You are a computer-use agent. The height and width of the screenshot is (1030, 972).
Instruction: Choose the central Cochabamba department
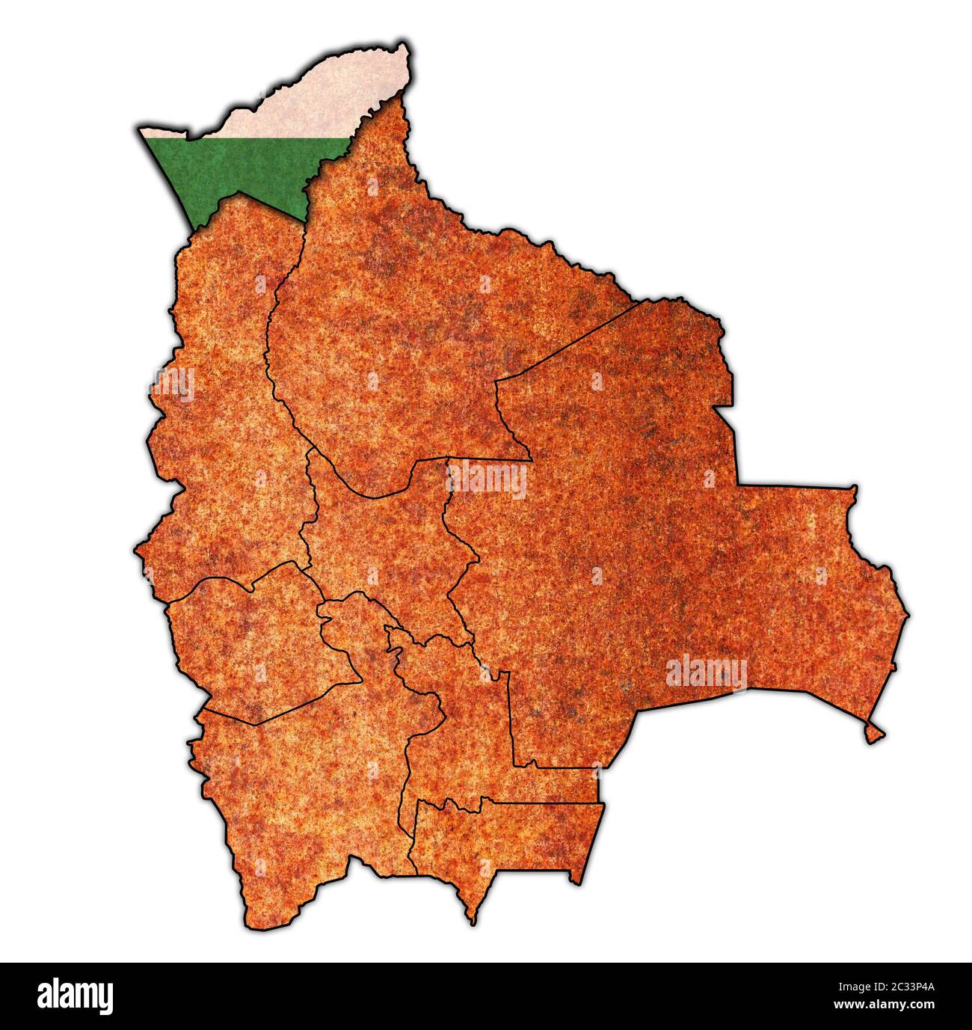[x=381, y=546]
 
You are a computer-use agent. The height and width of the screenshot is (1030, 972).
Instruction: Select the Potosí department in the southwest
[x=299, y=793]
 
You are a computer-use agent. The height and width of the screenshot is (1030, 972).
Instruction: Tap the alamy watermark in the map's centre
[x=487, y=480]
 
